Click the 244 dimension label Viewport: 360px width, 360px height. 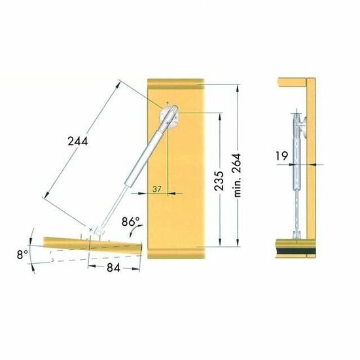pyautogui.click(x=78, y=141)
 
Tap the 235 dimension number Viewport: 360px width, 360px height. pyautogui.click(x=219, y=181)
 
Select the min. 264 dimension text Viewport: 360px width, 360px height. pyautogui.click(x=237, y=175)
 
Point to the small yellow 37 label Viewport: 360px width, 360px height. pyautogui.click(x=157, y=189)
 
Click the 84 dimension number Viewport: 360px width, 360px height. pyautogui.click(x=113, y=268)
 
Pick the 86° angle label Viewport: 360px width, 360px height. pyautogui.click(x=130, y=222)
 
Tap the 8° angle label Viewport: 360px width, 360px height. pyautogui.click(x=22, y=255)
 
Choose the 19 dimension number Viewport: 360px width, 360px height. pyautogui.click(x=281, y=156)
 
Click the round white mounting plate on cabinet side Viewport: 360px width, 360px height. pyautogui.click(x=170, y=117)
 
